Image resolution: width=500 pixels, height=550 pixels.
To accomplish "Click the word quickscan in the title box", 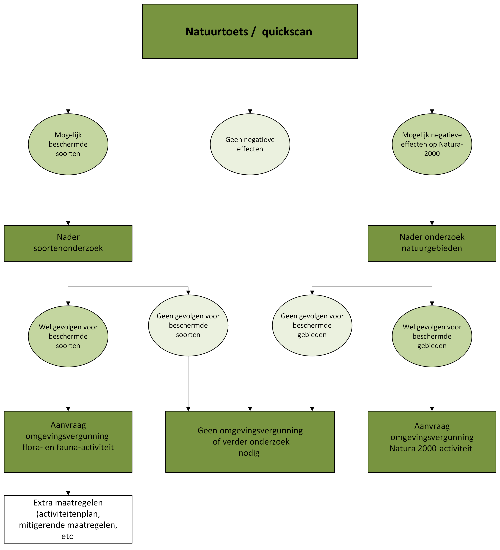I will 287,32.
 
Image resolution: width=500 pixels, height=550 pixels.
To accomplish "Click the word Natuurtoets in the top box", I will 217,32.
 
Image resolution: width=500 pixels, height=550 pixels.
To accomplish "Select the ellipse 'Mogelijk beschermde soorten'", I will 68,144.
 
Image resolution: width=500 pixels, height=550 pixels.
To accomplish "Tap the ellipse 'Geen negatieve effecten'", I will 250,144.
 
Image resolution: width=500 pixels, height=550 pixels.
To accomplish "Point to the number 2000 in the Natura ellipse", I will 432,154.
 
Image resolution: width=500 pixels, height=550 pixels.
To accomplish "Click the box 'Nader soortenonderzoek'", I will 68,243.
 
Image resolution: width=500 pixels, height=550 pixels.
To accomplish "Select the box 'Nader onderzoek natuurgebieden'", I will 432,243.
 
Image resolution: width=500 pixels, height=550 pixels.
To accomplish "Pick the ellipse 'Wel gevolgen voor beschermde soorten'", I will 68,336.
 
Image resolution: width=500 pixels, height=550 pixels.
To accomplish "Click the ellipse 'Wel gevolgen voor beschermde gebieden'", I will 432,336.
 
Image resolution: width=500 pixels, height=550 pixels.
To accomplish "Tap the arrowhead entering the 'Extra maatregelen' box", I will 68,493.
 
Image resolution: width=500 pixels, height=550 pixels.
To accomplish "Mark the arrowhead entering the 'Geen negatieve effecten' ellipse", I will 250,112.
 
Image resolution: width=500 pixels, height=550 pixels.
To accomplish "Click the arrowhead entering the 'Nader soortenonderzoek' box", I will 68,223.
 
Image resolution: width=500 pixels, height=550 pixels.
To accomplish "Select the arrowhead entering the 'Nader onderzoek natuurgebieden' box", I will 432,223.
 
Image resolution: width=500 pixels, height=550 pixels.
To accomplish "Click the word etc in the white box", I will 67,536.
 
